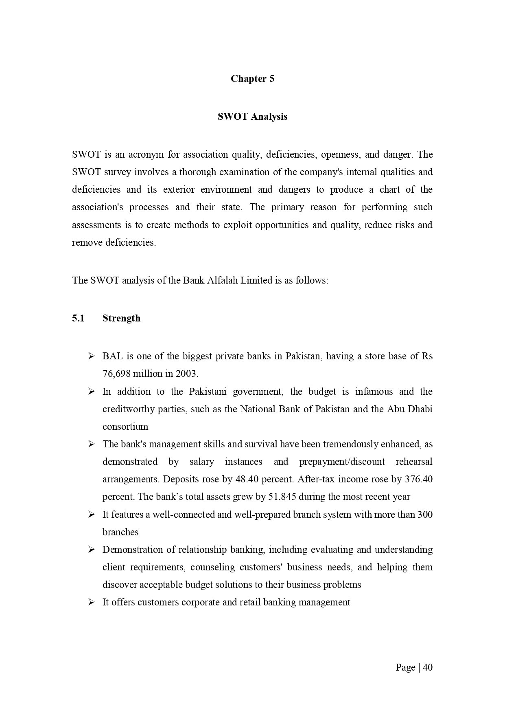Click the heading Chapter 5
pyautogui.click(x=252, y=79)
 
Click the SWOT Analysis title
pyautogui.click(x=252, y=117)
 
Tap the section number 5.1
pyautogui.click(x=78, y=318)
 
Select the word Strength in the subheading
pyautogui.click(x=121, y=318)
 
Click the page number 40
pyautogui.click(x=428, y=667)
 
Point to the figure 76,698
pyautogui.click(x=116, y=374)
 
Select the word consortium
pyautogui.click(x=125, y=427)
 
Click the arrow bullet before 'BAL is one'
pyautogui.click(x=91, y=356)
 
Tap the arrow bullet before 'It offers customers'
pyautogui.click(x=91, y=602)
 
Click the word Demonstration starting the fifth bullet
pyautogui.click(x=130, y=550)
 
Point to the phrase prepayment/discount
pyautogui.click(x=342, y=462)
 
